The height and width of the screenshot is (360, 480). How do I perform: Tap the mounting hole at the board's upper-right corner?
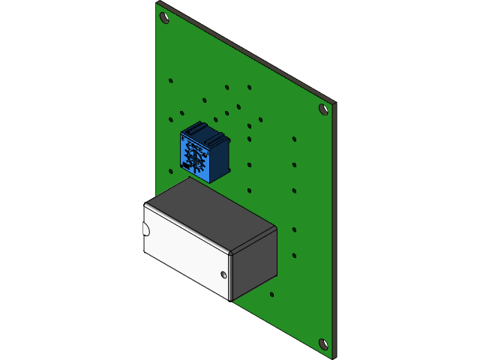pyautogui.click(x=323, y=109)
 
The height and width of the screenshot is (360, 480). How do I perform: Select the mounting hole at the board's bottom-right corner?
pyautogui.click(x=324, y=344)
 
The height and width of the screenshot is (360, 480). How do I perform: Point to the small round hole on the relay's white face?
pyautogui.click(x=224, y=274)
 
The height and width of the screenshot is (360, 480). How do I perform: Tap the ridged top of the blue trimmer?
pyautogui.click(x=204, y=132)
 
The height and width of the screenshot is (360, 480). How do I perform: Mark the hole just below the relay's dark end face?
pyautogui.click(x=271, y=294)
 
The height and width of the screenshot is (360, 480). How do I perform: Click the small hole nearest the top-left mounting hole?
pyautogui.click(x=171, y=80)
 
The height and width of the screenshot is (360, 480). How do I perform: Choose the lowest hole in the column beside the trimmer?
pyautogui.click(x=249, y=190)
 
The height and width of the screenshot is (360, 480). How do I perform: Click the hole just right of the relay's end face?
pyautogui.click(x=294, y=255)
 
